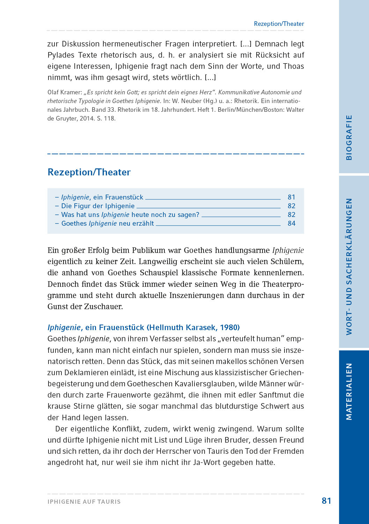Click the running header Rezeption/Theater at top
tap(279, 24)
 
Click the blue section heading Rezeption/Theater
tap(89, 172)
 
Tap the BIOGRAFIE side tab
tap(349, 138)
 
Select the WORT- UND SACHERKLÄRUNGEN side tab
tap(349, 267)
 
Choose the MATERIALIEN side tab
tap(349, 391)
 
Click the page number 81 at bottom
tap(326, 501)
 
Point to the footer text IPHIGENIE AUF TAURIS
tap(84, 502)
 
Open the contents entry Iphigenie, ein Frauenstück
tap(102, 197)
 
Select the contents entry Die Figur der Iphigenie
tap(98, 206)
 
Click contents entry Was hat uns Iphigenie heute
tap(130, 215)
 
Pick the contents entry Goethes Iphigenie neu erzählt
tap(108, 224)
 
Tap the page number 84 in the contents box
tap(291, 224)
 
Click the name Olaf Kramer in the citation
tap(64, 93)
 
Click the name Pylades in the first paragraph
tap(61, 55)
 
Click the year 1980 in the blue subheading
tap(229, 328)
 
